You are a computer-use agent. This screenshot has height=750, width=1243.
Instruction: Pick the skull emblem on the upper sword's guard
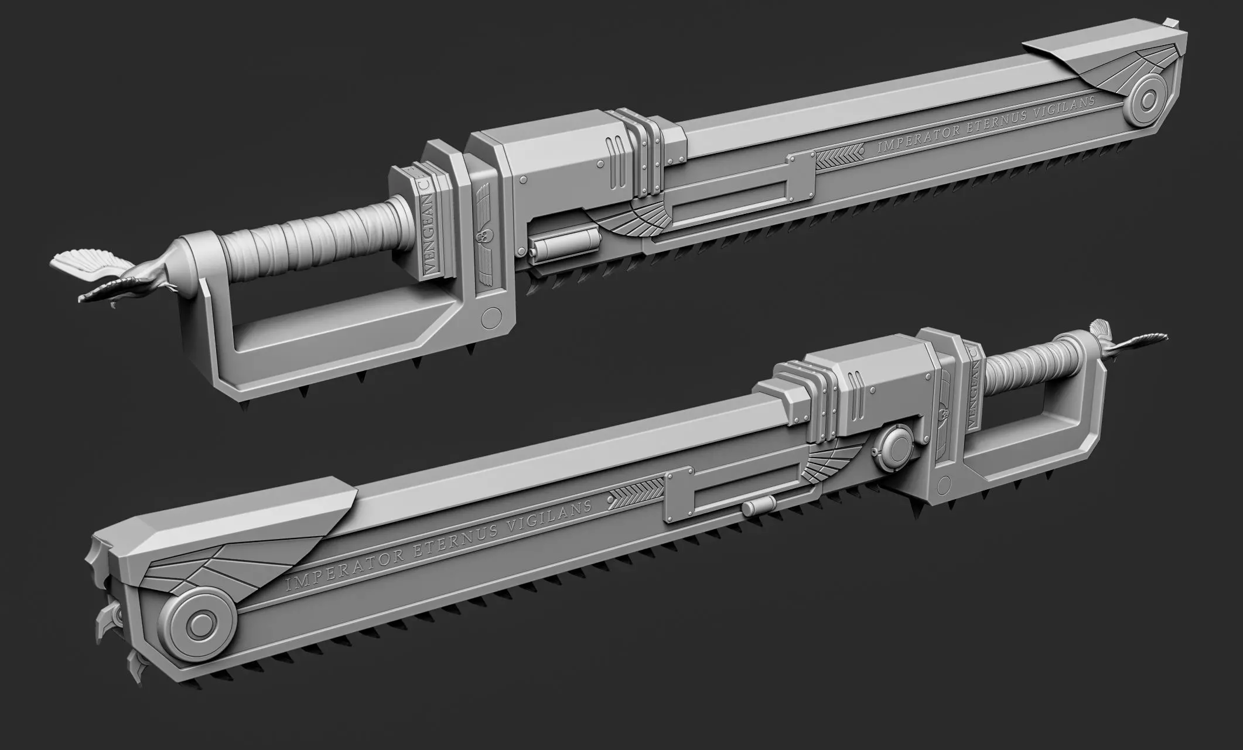coord(482,237)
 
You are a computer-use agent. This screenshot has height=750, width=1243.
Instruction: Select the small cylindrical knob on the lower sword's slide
coord(756,507)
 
